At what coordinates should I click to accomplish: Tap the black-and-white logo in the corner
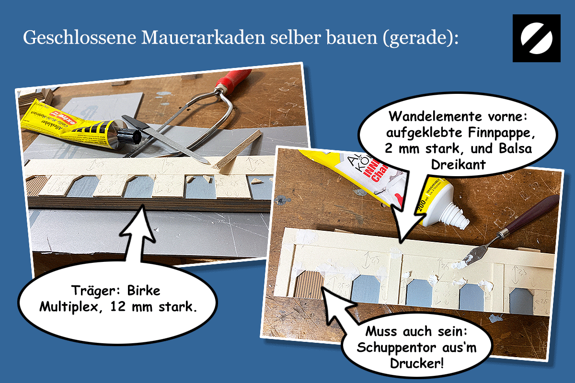click(536, 38)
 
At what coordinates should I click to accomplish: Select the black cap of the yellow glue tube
click(129, 135)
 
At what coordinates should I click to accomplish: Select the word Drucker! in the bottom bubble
click(415, 362)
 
